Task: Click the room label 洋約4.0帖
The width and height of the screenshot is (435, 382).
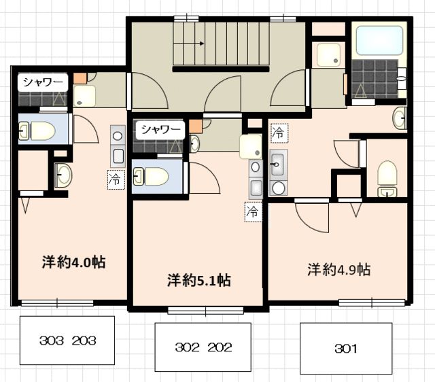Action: pyautogui.click(x=74, y=262)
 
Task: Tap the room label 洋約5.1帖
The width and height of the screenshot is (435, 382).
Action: pyautogui.click(x=198, y=279)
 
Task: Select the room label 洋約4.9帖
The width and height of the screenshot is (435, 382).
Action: pyautogui.click(x=338, y=269)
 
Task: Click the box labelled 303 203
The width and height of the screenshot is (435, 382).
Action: pyautogui.click(x=69, y=341)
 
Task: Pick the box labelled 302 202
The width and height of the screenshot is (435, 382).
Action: pyautogui.click(x=203, y=347)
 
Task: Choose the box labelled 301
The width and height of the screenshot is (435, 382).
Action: pyautogui.click(x=346, y=349)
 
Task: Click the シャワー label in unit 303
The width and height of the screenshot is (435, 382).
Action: pyautogui.click(x=43, y=83)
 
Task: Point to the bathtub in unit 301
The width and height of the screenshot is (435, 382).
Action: pyautogui.click(x=379, y=40)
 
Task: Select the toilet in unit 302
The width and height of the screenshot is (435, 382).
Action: pyautogui.click(x=152, y=177)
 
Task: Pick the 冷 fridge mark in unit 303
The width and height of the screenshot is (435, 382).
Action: pyautogui.click(x=115, y=179)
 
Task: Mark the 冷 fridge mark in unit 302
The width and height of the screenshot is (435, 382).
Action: pyautogui.click(x=253, y=211)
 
